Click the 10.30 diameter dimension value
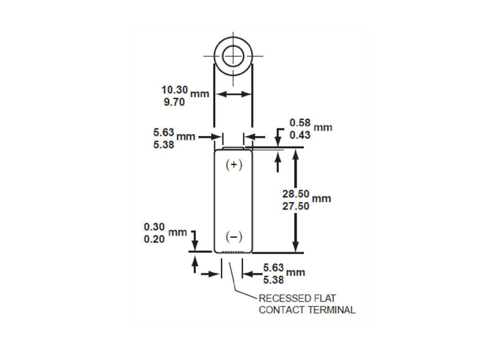tap(174, 90)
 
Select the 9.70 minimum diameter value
tap(174, 102)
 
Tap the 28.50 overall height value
tap(296, 194)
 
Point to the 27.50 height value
tap(296, 206)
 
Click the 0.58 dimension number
tap(300, 123)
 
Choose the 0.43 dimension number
tap(300, 135)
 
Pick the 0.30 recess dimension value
tap(154, 227)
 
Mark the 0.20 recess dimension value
tap(154, 239)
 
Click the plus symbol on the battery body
tap(234, 165)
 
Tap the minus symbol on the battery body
tap(234, 237)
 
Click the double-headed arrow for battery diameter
tap(233, 94)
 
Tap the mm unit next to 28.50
tap(321, 199)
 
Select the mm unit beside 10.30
tap(200, 94)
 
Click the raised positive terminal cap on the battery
tap(233, 149)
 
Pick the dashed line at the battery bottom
tap(233, 252)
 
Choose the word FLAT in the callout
tap(325, 298)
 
